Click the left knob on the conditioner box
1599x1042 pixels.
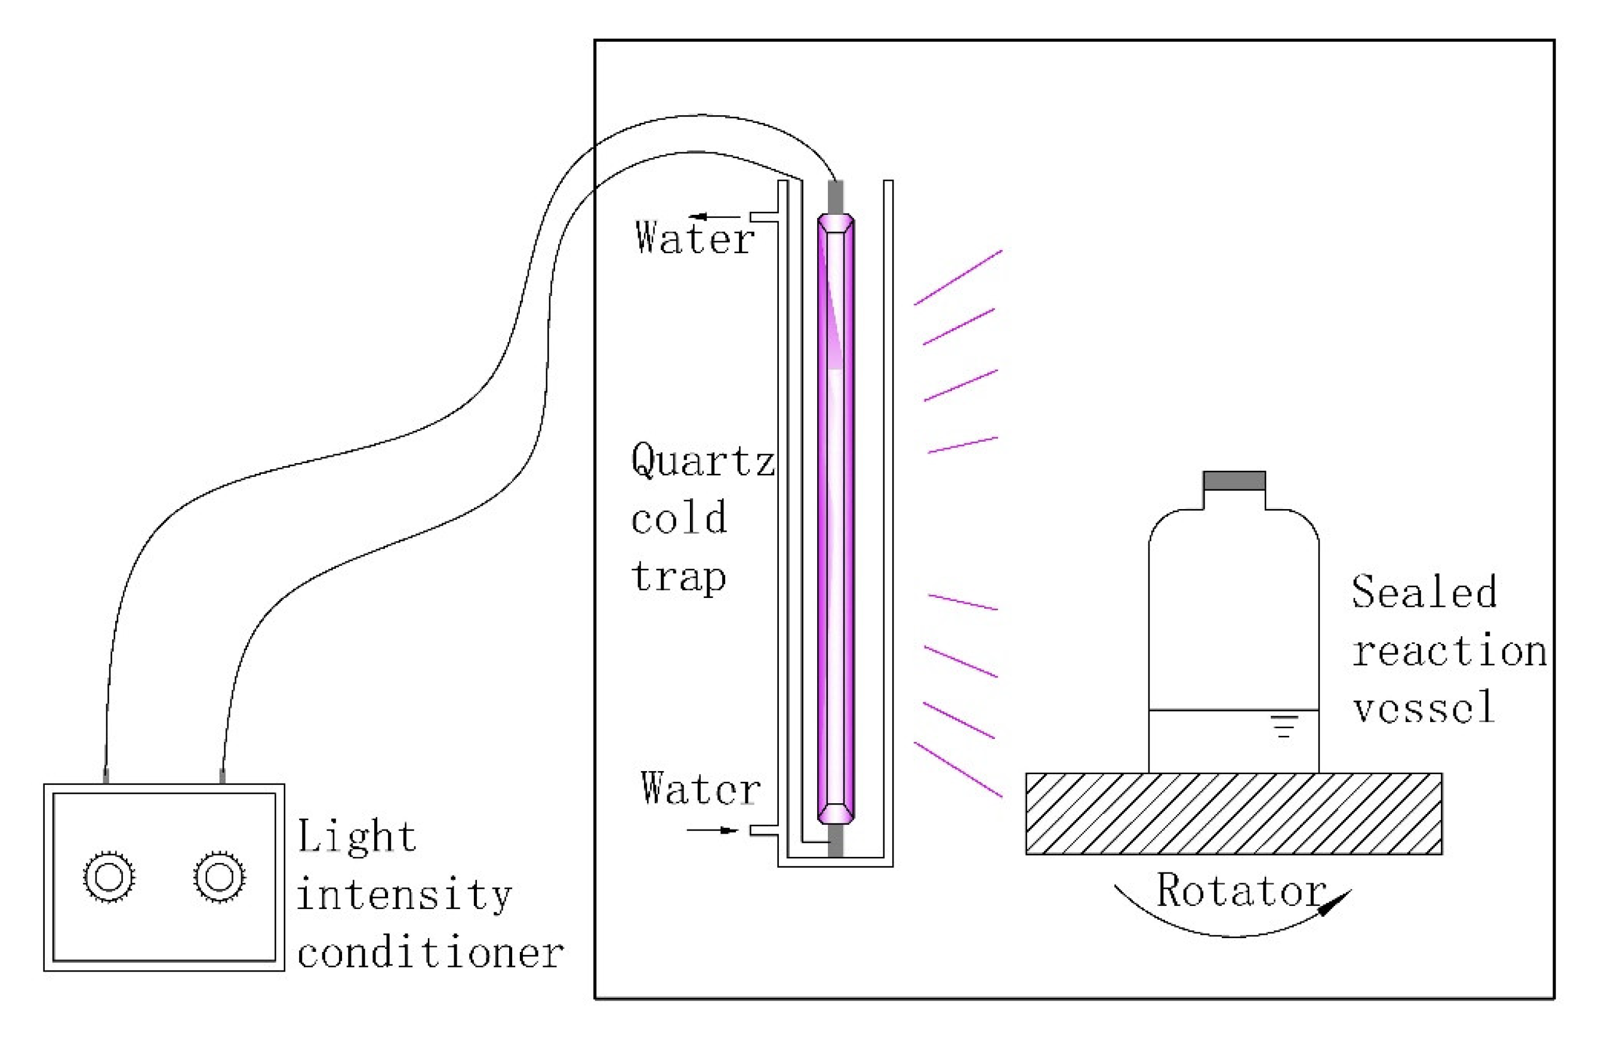click(x=109, y=877)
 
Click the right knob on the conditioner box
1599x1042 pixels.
click(x=219, y=877)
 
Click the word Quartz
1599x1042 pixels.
click(x=703, y=462)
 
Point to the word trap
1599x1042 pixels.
click(x=679, y=577)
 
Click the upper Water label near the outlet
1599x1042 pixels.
click(x=695, y=239)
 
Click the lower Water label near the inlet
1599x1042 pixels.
click(x=700, y=789)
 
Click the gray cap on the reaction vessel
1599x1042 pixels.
click(x=1234, y=481)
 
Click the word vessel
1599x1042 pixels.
click(x=1424, y=707)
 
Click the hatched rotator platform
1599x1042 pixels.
click(x=1234, y=813)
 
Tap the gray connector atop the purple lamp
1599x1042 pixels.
click(x=835, y=197)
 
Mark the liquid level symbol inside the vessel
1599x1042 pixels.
click(x=1283, y=726)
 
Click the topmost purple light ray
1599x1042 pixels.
click(x=958, y=278)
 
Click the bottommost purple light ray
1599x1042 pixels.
click(x=958, y=770)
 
